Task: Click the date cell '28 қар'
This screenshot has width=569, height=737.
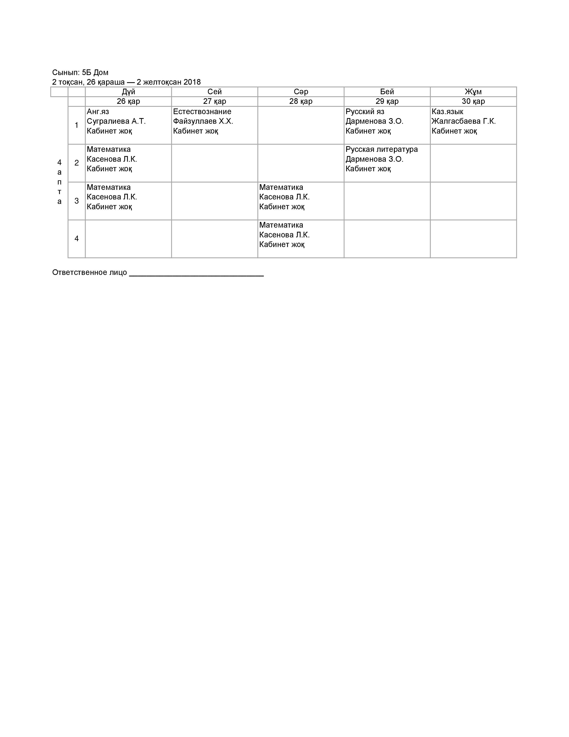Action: pyautogui.click(x=301, y=101)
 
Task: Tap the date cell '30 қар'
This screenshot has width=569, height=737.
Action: pyautogui.click(x=473, y=101)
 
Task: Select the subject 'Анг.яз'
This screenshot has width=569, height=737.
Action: pyautogui.click(x=98, y=112)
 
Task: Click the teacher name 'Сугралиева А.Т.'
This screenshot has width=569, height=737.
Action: pyautogui.click(x=116, y=121)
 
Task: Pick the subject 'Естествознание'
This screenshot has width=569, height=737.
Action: pyautogui.click(x=202, y=112)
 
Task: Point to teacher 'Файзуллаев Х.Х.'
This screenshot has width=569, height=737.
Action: pyautogui.click(x=203, y=121)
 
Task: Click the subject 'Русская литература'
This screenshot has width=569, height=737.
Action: pyautogui.click(x=382, y=149)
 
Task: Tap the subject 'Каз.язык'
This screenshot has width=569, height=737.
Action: pyautogui.click(x=447, y=112)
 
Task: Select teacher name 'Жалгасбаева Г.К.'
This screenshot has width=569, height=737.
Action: pyautogui.click(x=463, y=121)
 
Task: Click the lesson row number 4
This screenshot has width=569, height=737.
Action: pyautogui.click(x=77, y=239)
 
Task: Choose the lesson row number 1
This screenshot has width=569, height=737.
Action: pyautogui.click(x=77, y=125)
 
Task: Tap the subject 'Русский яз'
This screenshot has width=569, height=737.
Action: pyautogui.click(x=365, y=112)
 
